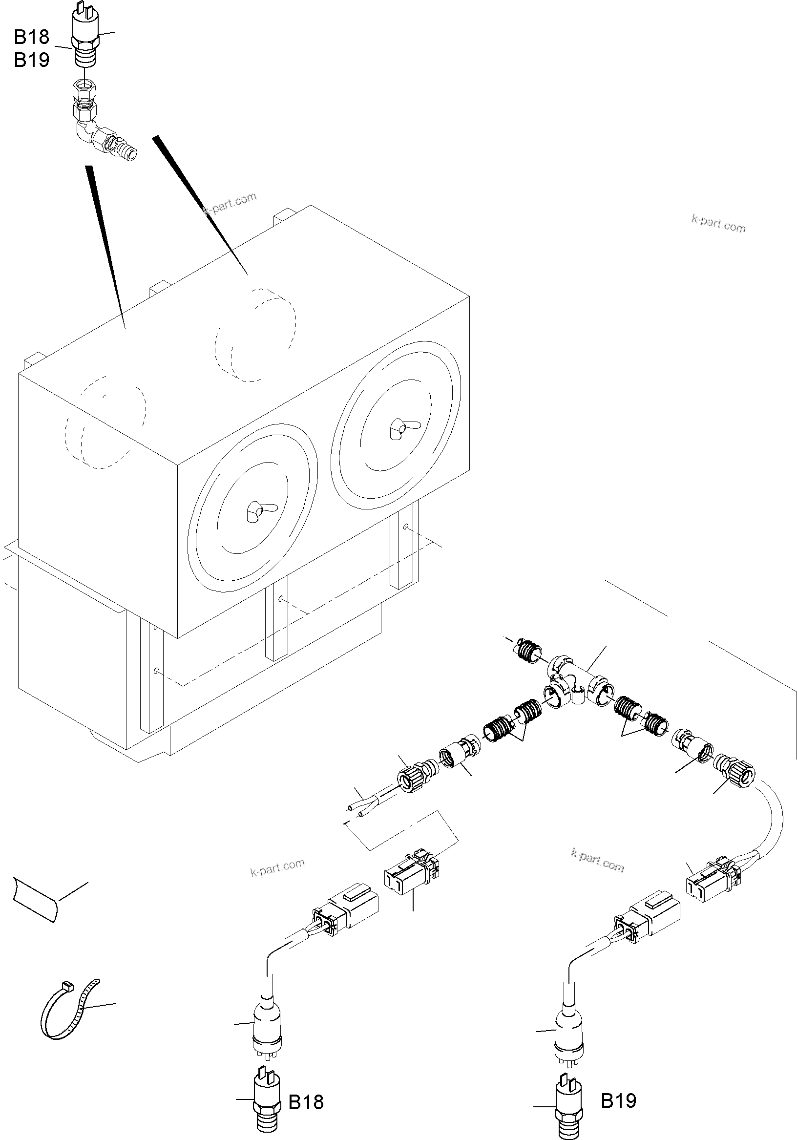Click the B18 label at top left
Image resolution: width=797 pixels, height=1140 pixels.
(x=31, y=37)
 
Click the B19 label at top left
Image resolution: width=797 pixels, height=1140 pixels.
(x=31, y=60)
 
